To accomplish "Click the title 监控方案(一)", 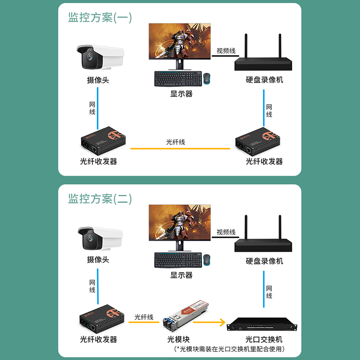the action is (100, 18).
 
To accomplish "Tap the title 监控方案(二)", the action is (100, 199).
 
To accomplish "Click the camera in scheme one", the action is (100, 57).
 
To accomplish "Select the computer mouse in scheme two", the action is (207, 260).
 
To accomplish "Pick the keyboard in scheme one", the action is (178, 78).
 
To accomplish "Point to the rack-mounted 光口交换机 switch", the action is (262, 324).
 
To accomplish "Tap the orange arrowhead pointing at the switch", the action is (222, 322).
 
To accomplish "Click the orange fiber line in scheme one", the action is (180, 148).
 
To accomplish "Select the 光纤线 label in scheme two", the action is (144, 317).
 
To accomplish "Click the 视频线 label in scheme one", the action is (226, 51).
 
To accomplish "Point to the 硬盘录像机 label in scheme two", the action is (264, 261).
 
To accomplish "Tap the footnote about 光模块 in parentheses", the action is (229, 349).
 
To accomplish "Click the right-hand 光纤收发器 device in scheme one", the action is (258, 141).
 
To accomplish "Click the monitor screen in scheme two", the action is (180, 223).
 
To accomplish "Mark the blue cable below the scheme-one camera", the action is (98, 108).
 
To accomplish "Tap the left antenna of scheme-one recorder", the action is (246, 46).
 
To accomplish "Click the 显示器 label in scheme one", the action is (181, 94).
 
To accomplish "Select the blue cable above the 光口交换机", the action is (264, 289).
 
